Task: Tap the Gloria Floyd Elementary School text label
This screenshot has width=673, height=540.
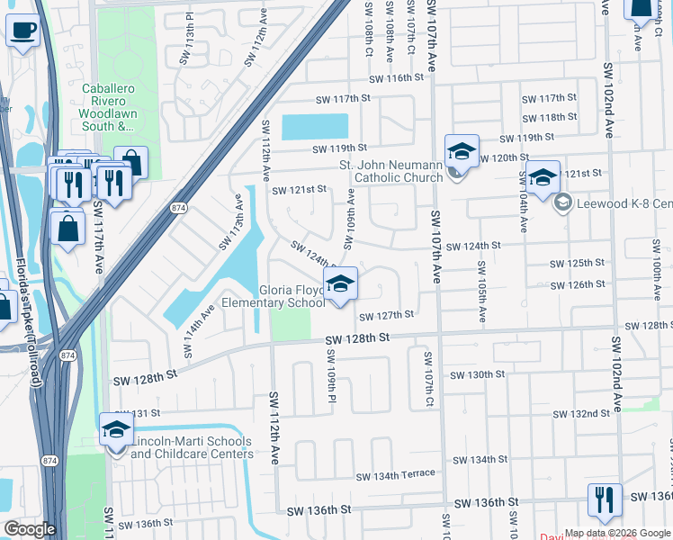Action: click(x=292, y=297)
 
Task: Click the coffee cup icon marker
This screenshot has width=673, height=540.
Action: click(x=22, y=31)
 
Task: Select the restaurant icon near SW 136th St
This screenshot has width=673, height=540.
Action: click(x=605, y=500)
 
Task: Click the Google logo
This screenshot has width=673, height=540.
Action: click(x=30, y=529)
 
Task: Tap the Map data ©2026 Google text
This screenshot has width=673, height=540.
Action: click(x=617, y=533)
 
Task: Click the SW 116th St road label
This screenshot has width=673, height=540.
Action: click(x=394, y=78)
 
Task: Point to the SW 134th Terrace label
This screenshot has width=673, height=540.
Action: click(x=395, y=474)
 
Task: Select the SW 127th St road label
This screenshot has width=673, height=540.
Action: click(x=386, y=315)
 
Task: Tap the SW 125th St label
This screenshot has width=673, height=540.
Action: click(x=576, y=263)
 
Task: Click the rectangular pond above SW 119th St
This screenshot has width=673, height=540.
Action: click(x=315, y=127)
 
